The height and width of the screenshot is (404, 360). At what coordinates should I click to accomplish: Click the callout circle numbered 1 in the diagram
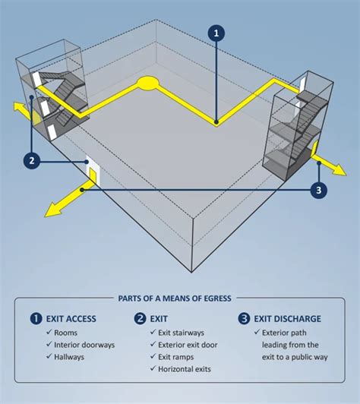(216, 33)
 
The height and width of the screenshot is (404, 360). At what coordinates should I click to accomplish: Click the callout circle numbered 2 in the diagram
(30, 160)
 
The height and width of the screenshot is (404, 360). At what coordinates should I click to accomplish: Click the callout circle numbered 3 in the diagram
(320, 190)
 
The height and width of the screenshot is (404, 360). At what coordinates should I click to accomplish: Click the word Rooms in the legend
(65, 333)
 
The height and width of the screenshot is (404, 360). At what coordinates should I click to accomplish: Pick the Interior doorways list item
(84, 345)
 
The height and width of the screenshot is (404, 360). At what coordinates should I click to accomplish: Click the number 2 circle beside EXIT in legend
(141, 319)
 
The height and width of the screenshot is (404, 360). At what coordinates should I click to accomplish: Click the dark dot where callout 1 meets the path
(216, 122)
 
